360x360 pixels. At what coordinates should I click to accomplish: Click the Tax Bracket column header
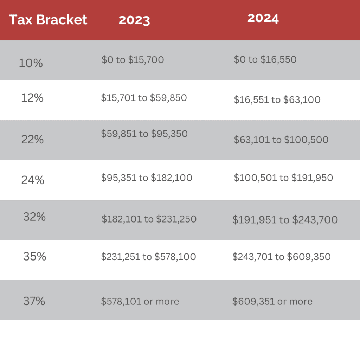coord(48,19)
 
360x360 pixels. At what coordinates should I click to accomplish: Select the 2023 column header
coord(134,20)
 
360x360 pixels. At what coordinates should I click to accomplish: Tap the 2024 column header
coord(263,18)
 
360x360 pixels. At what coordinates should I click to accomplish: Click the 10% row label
coord(31,63)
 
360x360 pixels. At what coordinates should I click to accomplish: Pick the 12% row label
coord(32,98)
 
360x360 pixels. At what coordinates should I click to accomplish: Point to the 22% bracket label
coord(32,140)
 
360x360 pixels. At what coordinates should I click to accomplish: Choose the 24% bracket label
coord(33,180)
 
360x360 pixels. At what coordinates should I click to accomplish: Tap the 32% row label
coord(34,217)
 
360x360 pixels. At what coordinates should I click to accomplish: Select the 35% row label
coord(35,257)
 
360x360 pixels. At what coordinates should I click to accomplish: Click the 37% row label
coord(34,301)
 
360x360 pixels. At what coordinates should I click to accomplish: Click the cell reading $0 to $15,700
coord(133,60)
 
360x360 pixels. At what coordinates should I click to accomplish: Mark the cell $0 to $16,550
coord(265,59)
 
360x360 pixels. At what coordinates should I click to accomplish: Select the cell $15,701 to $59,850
coord(144,98)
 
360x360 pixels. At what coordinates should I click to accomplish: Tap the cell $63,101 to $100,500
coord(281,140)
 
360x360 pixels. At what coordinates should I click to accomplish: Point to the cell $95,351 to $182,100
coord(147,178)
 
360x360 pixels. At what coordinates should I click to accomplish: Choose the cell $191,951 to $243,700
coord(285,220)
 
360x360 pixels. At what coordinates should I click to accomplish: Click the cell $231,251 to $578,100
coord(148,257)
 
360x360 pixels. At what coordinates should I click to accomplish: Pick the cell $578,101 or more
coord(140,301)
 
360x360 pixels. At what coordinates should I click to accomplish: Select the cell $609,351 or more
coord(272,301)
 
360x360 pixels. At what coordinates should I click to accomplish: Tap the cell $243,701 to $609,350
coord(281,257)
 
